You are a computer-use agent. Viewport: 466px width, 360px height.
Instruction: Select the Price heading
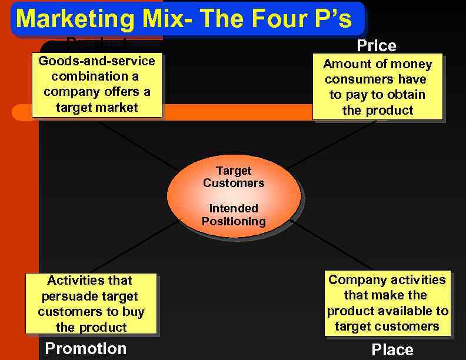click(x=377, y=46)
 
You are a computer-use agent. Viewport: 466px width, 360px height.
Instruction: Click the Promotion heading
click(x=86, y=348)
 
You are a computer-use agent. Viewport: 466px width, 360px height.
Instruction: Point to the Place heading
click(x=392, y=350)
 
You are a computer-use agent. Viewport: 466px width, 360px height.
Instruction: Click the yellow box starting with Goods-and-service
click(x=96, y=85)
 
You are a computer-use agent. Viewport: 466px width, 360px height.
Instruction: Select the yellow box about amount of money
click(x=377, y=87)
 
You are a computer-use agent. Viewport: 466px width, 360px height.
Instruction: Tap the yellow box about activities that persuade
click(x=91, y=304)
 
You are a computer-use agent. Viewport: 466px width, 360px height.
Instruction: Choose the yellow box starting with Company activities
click(x=387, y=303)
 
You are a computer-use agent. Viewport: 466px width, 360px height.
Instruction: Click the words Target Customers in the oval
click(x=234, y=177)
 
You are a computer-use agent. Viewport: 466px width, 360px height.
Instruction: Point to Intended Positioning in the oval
click(x=234, y=215)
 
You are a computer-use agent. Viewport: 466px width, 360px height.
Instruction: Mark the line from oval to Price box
click(x=329, y=143)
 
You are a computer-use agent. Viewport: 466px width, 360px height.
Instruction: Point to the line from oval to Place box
click(x=332, y=246)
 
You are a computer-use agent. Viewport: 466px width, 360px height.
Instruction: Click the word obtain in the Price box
click(x=405, y=95)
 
